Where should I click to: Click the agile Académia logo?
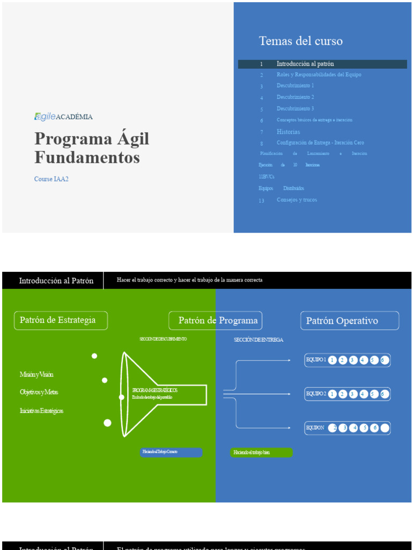[63, 117]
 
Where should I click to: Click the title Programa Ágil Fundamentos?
[92, 148]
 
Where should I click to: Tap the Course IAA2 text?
[51, 179]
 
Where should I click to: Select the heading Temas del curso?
[300, 41]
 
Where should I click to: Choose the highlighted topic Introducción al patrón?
[305, 64]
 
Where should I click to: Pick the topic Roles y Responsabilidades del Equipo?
[319, 75]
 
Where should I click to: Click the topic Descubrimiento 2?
[295, 97]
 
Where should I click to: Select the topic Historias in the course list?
[288, 132]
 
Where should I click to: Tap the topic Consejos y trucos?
[297, 200]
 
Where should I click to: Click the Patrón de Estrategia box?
[61, 321]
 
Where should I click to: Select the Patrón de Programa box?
[216, 321]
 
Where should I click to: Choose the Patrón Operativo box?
[349, 321]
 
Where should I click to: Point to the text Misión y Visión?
[36, 374]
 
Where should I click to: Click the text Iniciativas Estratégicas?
[41, 411]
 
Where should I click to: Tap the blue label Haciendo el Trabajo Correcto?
[171, 452]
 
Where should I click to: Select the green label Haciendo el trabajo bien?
[261, 453]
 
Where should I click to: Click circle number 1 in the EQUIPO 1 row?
[332, 360]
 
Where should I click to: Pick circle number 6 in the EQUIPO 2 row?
[384, 394]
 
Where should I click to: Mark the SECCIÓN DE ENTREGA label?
[259, 340]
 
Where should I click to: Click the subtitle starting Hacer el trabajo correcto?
[189, 280]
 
